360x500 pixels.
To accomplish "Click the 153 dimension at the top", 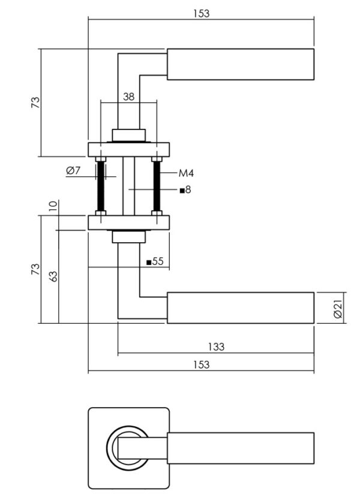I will point(202,13).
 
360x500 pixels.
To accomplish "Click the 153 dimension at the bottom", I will point(202,365).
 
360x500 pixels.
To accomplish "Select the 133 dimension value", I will point(215,346).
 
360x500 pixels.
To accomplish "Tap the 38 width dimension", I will point(128,97).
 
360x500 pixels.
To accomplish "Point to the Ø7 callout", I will point(74,171).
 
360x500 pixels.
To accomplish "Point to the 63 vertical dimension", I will point(53,276).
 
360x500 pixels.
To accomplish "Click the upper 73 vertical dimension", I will point(35,102).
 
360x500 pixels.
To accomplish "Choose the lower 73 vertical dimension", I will point(35,269).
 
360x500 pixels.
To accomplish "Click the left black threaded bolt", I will point(100,186).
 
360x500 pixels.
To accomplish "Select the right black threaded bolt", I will point(157,186).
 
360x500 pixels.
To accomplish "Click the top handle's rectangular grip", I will point(239,64).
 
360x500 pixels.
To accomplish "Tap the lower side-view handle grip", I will point(239,308).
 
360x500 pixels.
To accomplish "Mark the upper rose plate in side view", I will point(129,149).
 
